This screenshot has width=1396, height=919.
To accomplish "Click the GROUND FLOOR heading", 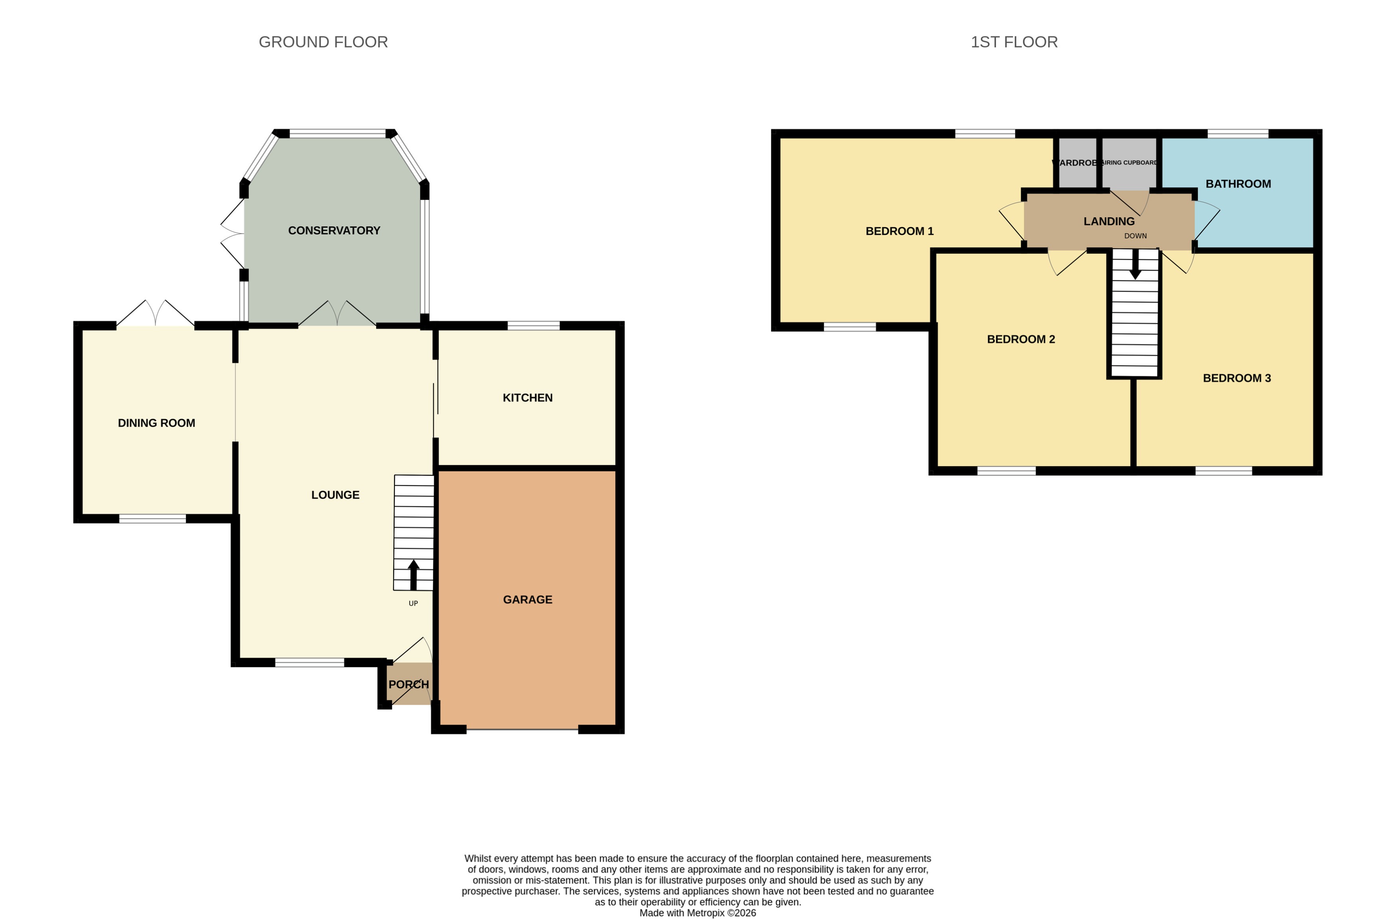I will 323,42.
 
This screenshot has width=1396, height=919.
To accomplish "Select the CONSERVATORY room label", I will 334,230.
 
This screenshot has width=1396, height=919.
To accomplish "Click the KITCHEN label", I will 527,398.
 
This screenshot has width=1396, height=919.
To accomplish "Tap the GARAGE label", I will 527,599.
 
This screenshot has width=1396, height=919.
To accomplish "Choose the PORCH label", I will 408,685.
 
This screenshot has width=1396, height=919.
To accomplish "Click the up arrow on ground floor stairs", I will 414,574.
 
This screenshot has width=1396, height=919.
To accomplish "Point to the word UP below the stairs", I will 413,604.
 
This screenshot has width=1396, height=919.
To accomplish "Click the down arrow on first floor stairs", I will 1135,264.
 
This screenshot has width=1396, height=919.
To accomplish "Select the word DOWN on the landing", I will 1135,236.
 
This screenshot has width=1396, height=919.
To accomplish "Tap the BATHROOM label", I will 1238,183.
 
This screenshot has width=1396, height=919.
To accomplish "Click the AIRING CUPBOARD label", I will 1129,162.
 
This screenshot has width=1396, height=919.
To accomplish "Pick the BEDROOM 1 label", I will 899,231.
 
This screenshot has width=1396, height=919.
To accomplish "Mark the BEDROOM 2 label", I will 1021,339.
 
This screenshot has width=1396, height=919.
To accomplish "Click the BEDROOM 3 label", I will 1236,378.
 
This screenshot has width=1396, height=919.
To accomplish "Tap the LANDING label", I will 1108,221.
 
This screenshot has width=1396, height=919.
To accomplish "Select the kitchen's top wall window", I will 533,325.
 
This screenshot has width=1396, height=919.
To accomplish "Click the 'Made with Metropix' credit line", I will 698,913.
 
